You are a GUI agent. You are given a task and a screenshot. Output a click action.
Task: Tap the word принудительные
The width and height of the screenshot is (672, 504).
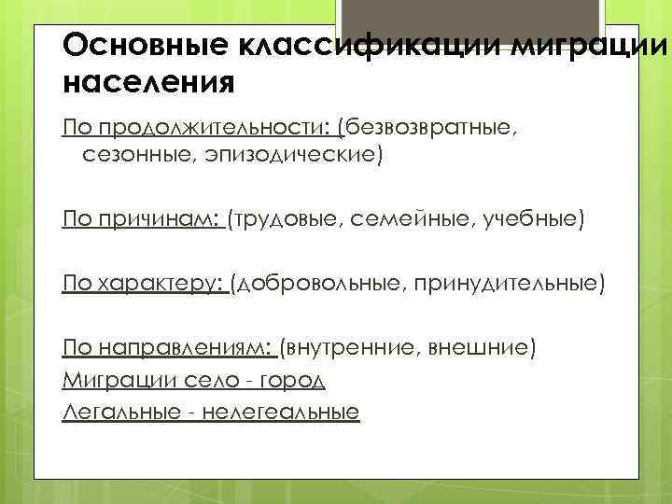coord(505,284)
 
